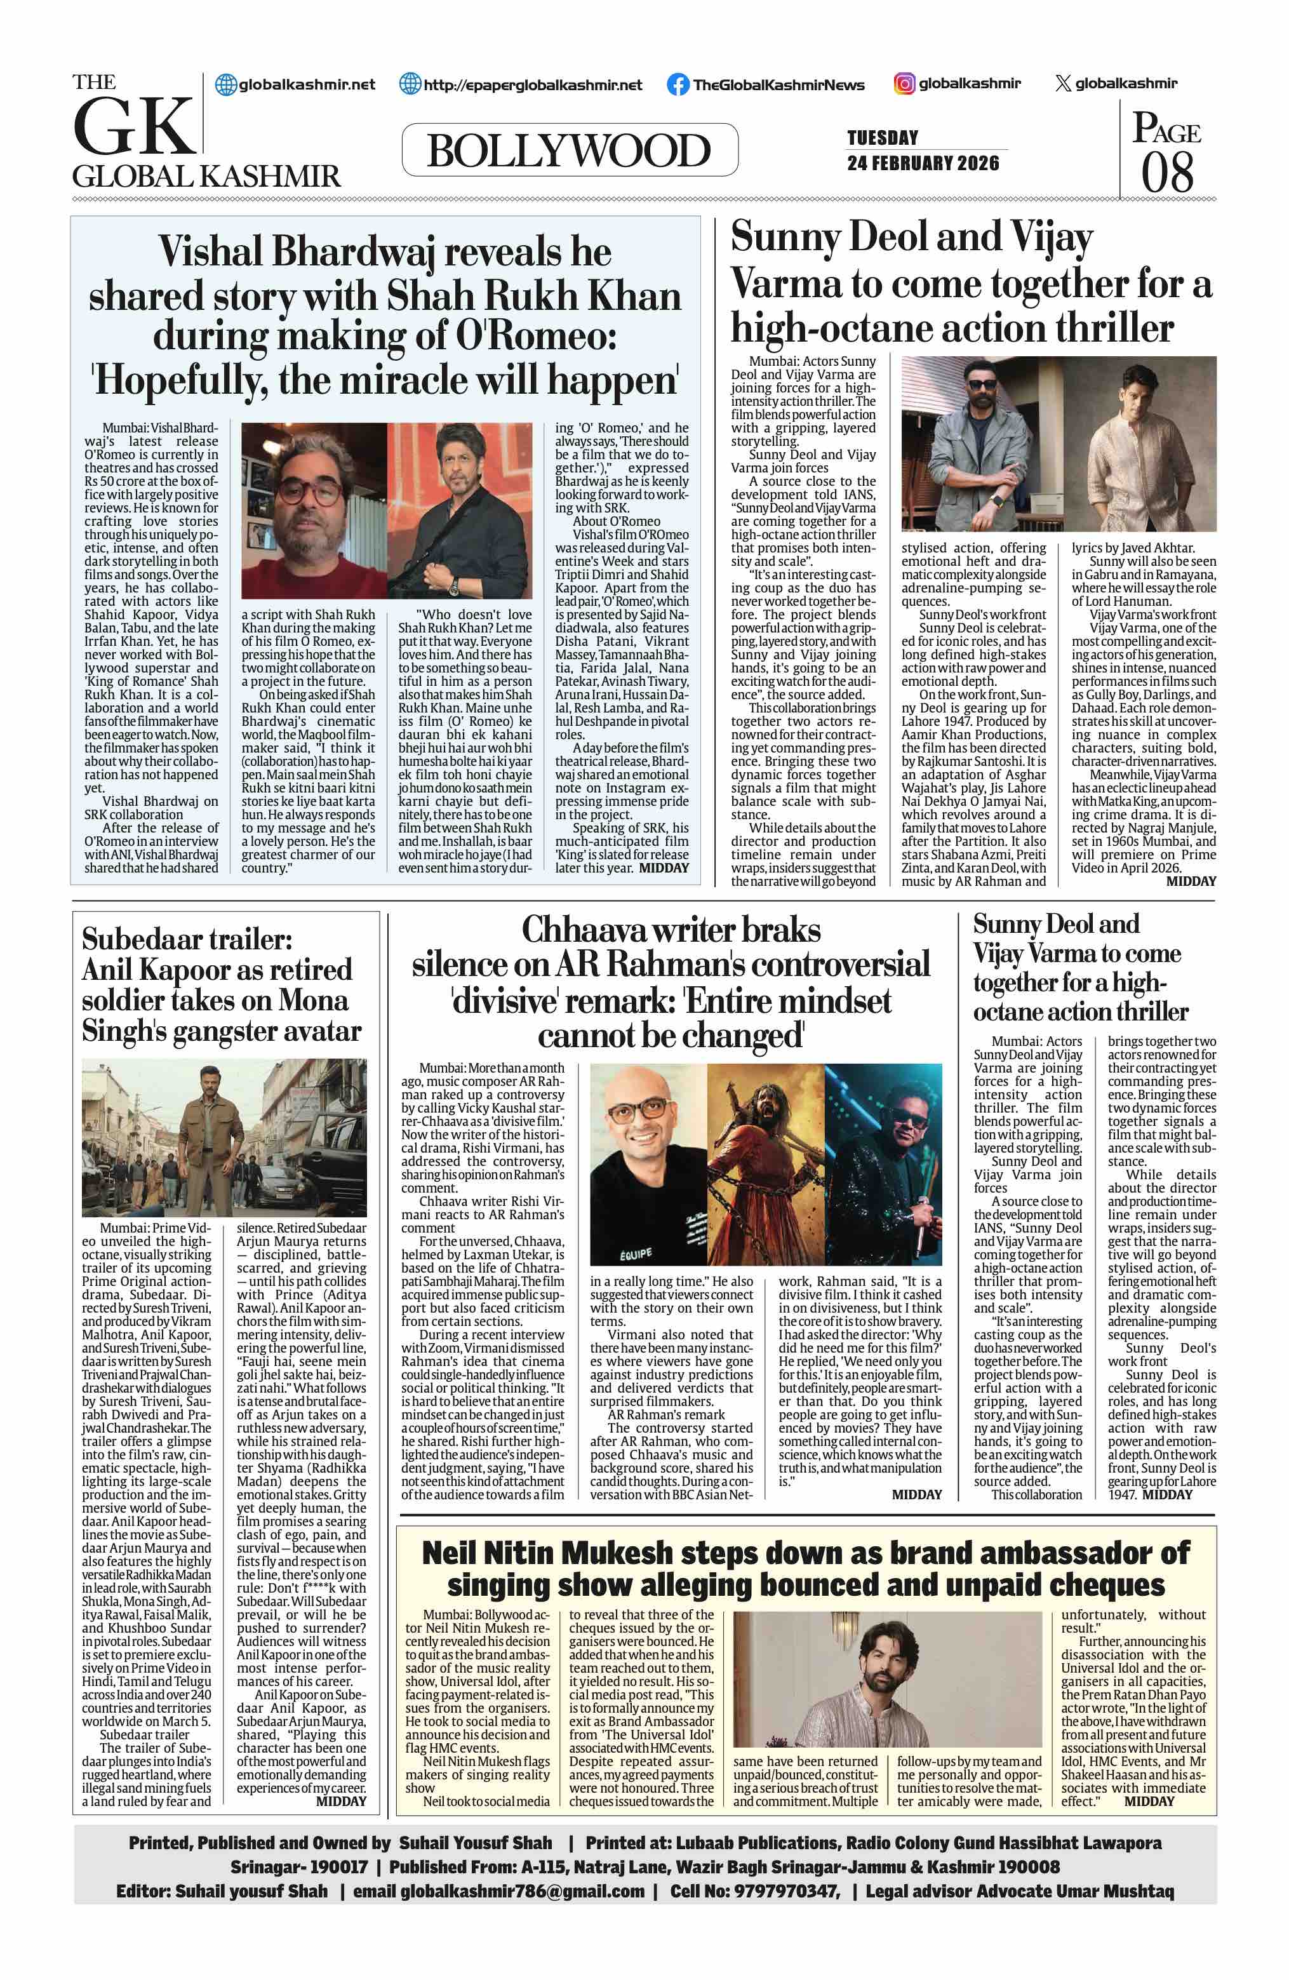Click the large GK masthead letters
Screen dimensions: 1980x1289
pyautogui.click(x=135, y=127)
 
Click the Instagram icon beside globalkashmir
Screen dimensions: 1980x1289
pyautogui.click(x=904, y=83)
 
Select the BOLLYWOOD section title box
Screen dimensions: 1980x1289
pyautogui.click(x=569, y=151)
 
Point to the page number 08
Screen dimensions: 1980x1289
pyautogui.click(x=1166, y=172)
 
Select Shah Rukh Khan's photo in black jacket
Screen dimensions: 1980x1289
pyautogui.click(x=459, y=511)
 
